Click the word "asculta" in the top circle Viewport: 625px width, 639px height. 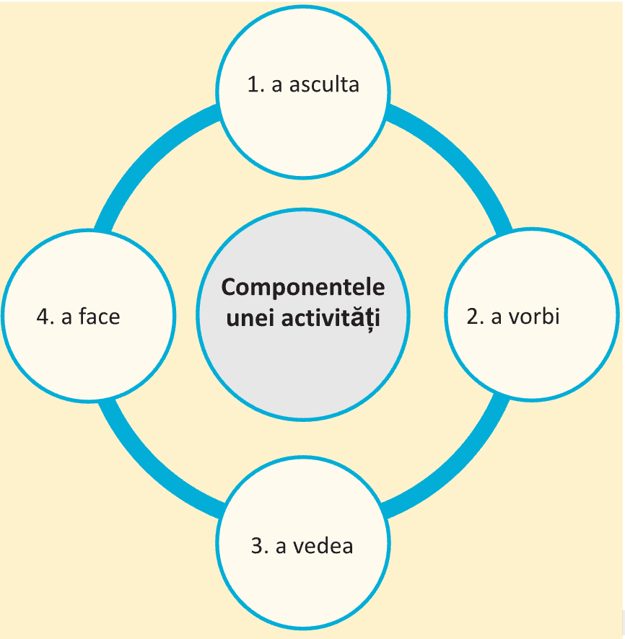click(x=324, y=84)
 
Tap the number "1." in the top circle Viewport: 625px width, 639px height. click(x=256, y=84)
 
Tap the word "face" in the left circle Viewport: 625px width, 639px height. click(x=100, y=317)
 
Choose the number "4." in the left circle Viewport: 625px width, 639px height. click(x=45, y=317)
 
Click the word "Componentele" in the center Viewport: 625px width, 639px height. click(x=303, y=287)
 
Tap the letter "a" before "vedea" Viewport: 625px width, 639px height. click(x=282, y=547)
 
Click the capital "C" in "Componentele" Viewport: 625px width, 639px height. click(x=229, y=287)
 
